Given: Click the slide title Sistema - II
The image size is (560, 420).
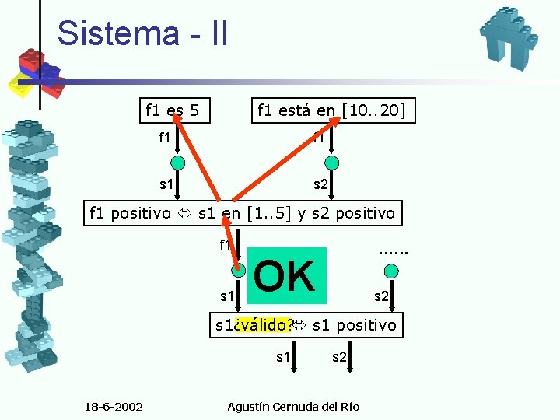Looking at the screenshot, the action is pos(142,33).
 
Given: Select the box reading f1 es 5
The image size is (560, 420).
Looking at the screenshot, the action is pos(172,110).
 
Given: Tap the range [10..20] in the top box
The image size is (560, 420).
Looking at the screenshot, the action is pos(373,110).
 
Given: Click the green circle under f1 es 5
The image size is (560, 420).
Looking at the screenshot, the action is pos(178,163).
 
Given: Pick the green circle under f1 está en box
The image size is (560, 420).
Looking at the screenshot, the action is pos(332,163).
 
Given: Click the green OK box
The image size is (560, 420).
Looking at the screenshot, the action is pos(285,275).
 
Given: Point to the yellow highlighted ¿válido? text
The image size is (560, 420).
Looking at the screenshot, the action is pos(265,324).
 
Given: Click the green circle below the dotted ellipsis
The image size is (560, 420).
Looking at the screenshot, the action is pos(392,271).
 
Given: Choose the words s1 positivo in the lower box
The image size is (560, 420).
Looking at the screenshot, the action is pos(354,324).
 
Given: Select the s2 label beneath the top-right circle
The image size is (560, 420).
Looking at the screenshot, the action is pos(321,184).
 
